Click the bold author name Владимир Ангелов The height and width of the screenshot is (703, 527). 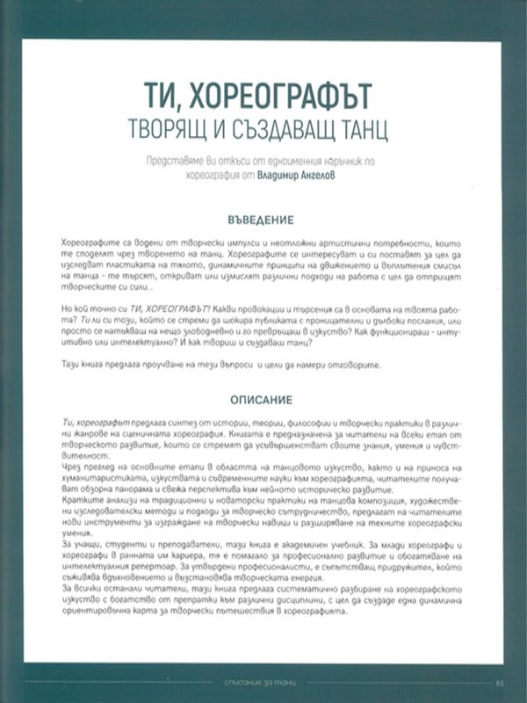[x=306, y=174]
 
